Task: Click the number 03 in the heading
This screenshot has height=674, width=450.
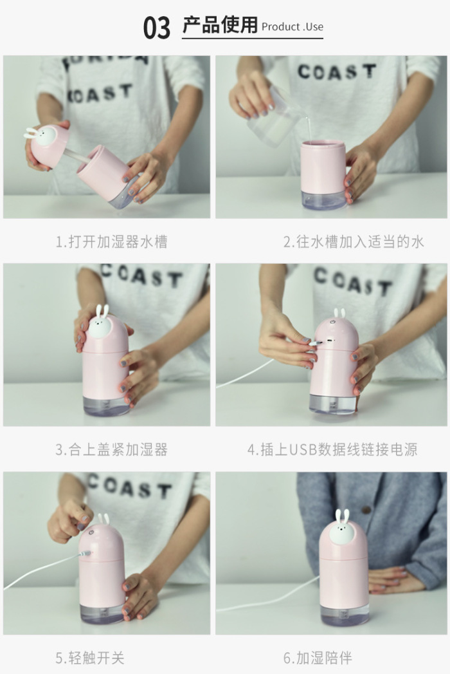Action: point(157,28)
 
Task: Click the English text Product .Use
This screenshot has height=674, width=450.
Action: point(292,27)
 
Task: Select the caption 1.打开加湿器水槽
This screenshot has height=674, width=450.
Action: point(112,241)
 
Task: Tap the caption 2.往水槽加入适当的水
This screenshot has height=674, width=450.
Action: point(354,241)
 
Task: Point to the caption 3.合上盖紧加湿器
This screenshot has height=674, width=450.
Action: point(112,449)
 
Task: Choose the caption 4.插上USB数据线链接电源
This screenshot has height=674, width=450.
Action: point(332,449)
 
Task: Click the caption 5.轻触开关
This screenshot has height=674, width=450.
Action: point(90,658)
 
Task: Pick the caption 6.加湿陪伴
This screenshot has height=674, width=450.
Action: point(318,658)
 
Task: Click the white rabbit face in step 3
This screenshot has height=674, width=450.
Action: point(100,325)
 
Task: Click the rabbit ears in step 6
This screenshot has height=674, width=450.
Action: point(342,516)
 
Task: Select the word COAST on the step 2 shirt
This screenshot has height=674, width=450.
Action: point(337,71)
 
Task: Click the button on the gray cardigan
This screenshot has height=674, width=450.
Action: point(366,510)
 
